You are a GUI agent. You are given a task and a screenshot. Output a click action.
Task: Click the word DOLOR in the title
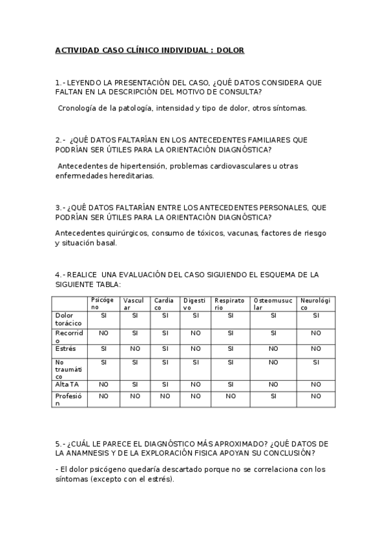231,50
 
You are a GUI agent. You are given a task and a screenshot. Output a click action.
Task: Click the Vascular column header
133,304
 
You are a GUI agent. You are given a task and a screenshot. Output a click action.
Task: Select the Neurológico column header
315,304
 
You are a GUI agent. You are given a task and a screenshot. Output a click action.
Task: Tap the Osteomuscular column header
273,304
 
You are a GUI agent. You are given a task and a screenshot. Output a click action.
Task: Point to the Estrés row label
65,348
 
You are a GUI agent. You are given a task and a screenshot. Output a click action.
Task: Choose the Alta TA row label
67,384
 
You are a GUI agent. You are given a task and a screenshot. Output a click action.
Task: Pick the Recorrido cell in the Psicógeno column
103,333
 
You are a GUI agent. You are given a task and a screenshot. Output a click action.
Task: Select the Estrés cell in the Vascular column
134,348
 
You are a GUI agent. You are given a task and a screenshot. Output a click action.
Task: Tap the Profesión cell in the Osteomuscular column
273,395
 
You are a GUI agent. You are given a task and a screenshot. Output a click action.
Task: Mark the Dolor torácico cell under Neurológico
315,315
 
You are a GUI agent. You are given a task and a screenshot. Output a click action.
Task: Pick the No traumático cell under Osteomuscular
273,362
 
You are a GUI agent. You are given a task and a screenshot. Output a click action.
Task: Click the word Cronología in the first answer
78,109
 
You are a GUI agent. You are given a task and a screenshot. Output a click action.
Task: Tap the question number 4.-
59,275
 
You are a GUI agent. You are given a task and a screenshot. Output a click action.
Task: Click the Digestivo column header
194,304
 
